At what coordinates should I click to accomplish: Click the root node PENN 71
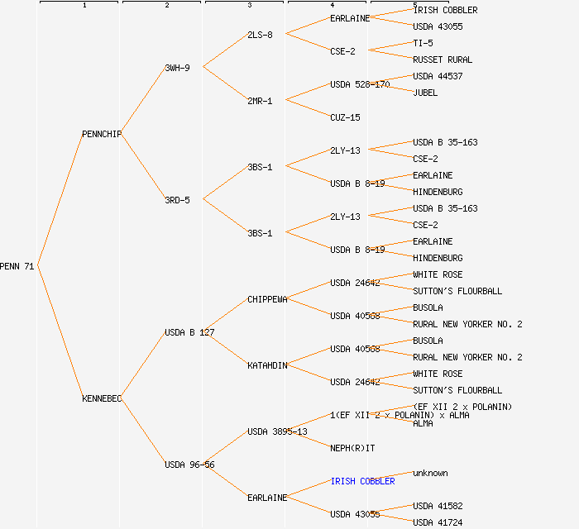point(17,266)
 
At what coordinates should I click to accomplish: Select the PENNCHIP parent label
point(102,134)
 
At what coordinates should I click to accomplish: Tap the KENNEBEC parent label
point(102,398)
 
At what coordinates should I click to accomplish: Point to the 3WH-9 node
point(177,68)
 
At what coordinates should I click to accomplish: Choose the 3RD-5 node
point(177,200)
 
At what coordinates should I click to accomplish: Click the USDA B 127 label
point(189,332)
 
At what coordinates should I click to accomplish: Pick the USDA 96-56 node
point(189,465)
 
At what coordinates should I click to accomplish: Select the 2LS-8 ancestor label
point(260,35)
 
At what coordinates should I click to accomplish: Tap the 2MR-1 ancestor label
point(260,101)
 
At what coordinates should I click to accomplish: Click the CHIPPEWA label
point(267,299)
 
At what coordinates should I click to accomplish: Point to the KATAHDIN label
point(267,365)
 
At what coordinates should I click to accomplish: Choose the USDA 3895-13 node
point(277,431)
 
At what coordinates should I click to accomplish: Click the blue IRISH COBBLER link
point(362,481)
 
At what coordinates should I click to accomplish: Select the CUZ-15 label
point(345,117)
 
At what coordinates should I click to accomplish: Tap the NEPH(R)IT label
point(352,448)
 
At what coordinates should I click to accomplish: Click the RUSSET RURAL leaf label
point(443,60)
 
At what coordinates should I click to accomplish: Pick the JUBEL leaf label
point(425,93)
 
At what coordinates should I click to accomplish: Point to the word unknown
point(430,473)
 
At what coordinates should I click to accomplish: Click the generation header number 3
point(249,6)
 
